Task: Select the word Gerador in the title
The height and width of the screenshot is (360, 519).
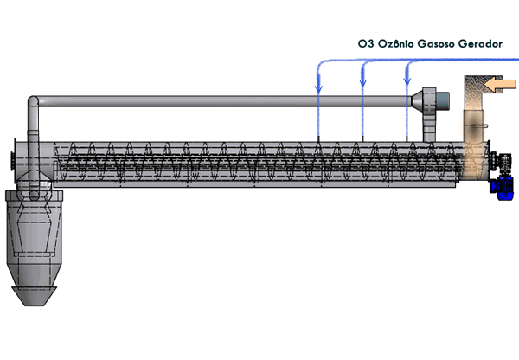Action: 481,42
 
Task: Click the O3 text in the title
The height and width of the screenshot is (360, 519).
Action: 365,42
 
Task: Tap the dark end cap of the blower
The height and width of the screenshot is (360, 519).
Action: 442,100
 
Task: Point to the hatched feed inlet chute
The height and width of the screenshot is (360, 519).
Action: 474,112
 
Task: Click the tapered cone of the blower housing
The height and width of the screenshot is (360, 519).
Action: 418,100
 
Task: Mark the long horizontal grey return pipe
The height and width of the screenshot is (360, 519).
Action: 225,100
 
